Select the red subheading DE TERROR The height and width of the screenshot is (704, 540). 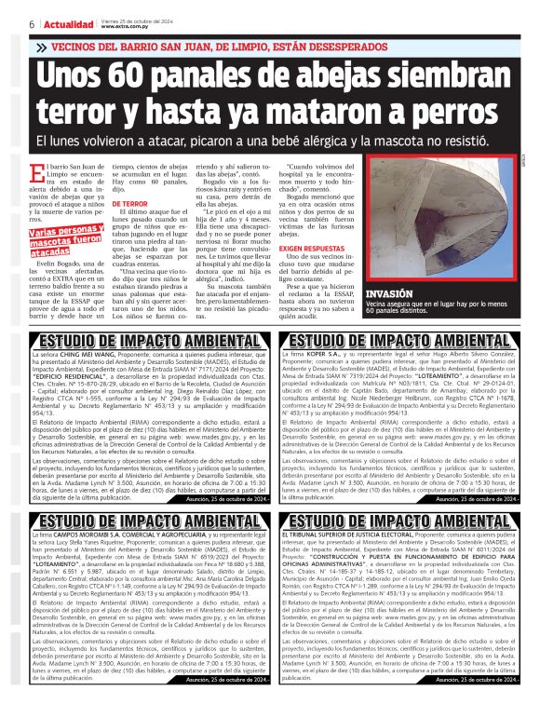(x=130, y=202)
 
